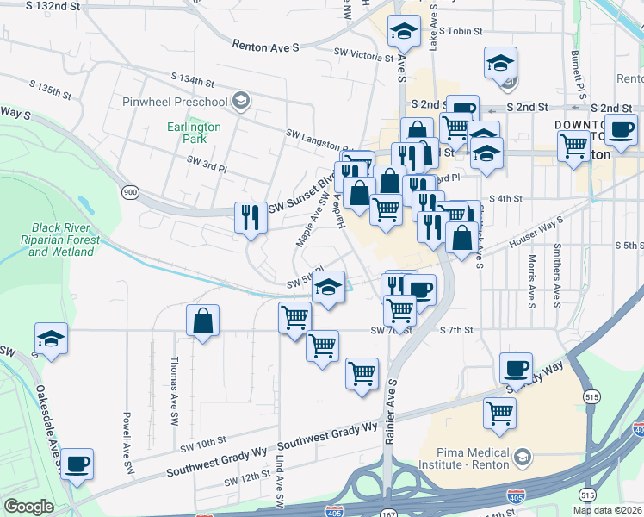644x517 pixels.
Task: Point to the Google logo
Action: (x=28, y=507)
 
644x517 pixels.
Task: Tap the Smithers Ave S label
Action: (x=558, y=276)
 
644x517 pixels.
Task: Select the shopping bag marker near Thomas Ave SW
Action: (x=202, y=322)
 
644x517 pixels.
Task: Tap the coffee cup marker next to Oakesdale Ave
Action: (x=76, y=464)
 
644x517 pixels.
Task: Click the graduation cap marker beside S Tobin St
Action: (x=402, y=33)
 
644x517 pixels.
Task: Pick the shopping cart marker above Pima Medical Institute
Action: (x=499, y=413)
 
